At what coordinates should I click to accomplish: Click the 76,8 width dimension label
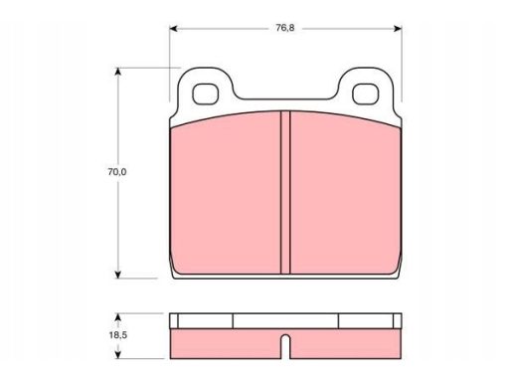coord(285,28)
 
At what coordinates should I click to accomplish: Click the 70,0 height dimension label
coord(117,172)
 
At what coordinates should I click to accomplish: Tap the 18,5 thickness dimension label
coord(118,335)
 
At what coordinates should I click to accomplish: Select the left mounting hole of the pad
coord(206,94)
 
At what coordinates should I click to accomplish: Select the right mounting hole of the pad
coord(365,94)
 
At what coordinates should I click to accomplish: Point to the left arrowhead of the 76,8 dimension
coord(173,29)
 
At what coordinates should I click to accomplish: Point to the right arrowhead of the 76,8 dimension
coord(398,29)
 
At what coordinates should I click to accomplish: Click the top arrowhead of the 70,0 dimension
coord(117,72)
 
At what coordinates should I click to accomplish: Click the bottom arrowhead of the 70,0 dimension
coord(117,275)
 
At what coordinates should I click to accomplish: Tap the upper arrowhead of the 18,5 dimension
coord(117,317)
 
